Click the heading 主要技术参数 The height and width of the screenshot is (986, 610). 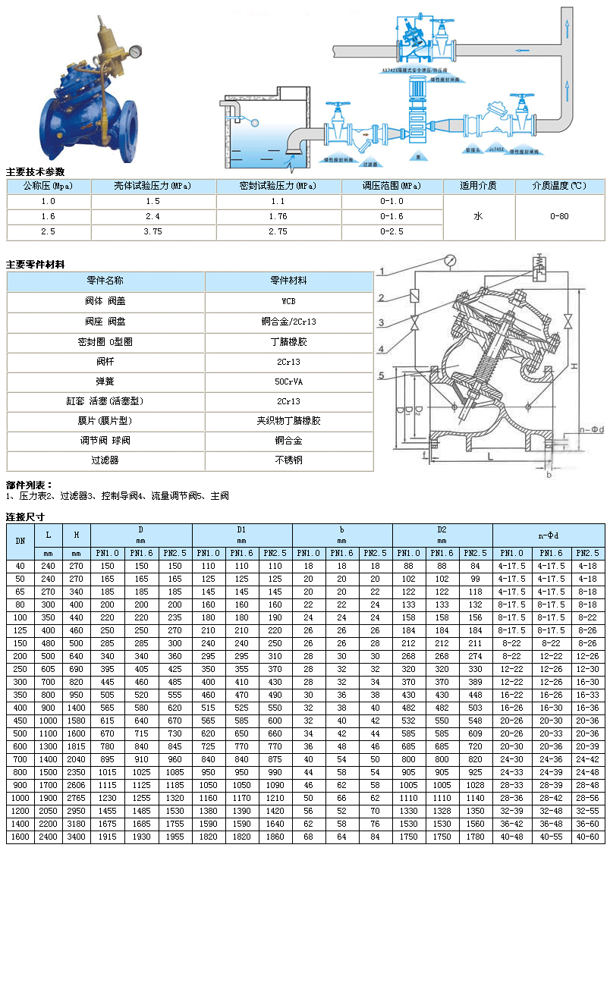click(36, 171)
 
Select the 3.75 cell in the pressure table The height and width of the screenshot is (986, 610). click(153, 232)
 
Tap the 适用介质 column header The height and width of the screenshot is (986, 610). click(478, 186)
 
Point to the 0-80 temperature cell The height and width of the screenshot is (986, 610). click(559, 216)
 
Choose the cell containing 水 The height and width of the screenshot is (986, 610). click(478, 216)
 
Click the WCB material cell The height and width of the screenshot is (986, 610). click(289, 301)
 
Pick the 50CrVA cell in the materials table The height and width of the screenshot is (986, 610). click(289, 381)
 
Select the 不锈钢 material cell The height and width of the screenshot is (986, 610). click(289, 460)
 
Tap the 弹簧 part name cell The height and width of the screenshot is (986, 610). click(105, 381)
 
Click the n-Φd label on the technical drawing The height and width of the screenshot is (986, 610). click(592, 430)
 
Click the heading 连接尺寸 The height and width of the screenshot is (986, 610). click(25, 517)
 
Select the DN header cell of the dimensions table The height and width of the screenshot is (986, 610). click(20, 541)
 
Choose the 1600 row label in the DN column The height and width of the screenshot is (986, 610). click(20, 837)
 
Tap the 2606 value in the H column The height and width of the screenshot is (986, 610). click(76, 784)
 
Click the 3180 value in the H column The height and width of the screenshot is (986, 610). click(76, 824)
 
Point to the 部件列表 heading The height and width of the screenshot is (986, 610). click(29, 485)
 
